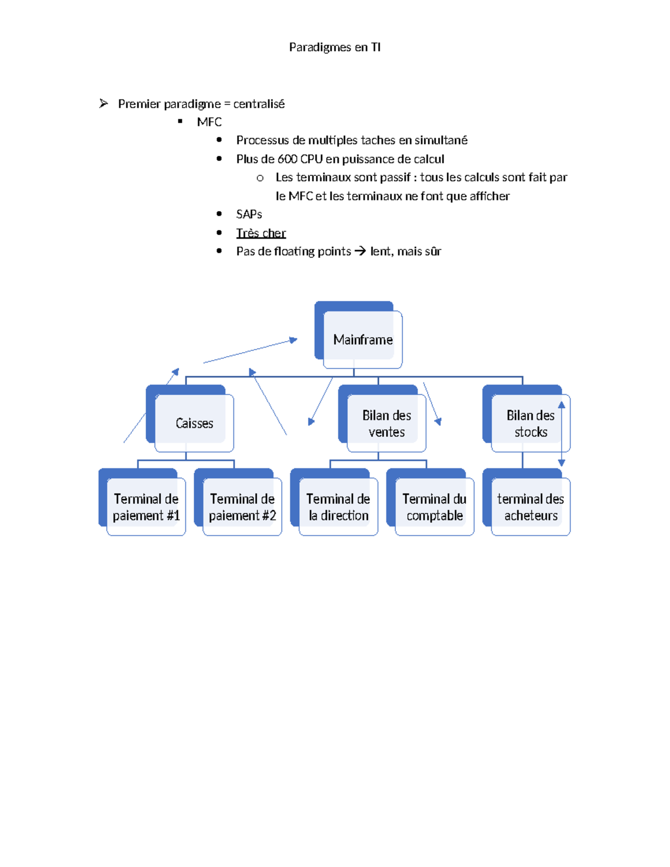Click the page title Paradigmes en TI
tap(334, 47)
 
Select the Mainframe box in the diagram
tap(362, 339)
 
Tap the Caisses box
tap(194, 423)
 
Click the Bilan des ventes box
tap(386, 423)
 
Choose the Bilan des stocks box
tap(530, 423)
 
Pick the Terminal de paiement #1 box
tap(146, 507)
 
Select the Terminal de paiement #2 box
tap(242, 507)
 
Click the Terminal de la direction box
tap(338, 507)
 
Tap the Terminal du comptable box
tap(434, 507)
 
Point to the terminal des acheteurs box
tap(530, 507)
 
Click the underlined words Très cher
tap(261, 233)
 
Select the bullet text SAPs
tap(249, 214)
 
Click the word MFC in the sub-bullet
tap(209, 122)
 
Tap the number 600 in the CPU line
tap(287, 159)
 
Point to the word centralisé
tap(259, 104)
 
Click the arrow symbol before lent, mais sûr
tap(360, 251)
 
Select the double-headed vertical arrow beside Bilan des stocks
tap(562, 434)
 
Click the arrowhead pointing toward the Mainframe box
tap(293, 340)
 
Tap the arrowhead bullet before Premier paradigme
tap(103, 103)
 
